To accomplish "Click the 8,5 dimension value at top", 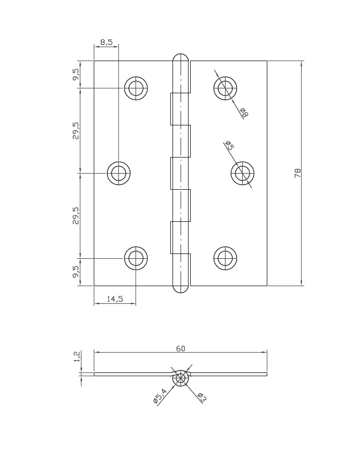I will tap(106, 42).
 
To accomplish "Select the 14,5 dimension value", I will tap(115, 299).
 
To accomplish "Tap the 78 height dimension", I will tap(298, 173).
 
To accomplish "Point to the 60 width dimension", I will tap(181, 348).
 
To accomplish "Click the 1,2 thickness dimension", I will tap(77, 357).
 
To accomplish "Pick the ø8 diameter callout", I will tap(244, 113).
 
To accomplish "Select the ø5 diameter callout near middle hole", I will tap(229, 145).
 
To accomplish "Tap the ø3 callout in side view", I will tap(202, 397).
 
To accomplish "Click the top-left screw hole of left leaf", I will tap(136, 88).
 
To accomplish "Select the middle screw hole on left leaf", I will tap(119, 173).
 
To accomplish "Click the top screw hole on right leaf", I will tap(225, 88).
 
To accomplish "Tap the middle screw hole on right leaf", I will tap(242, 173).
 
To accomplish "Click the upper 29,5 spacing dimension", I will tap(76, 131).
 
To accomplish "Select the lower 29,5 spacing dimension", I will tap(76, 215).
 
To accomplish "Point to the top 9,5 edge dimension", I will tap(76, 74).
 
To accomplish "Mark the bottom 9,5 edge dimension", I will tap(76, 272).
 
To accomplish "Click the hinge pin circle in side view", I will tap(181, 378).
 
